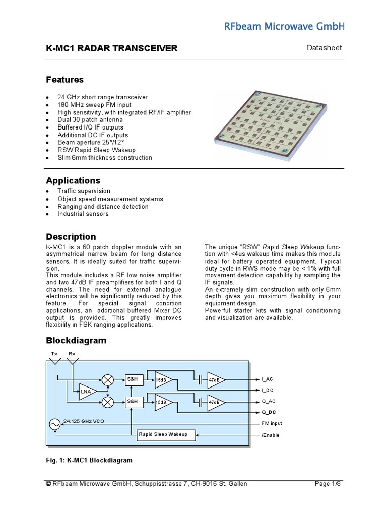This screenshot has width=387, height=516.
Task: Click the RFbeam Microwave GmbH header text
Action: click(295, 26)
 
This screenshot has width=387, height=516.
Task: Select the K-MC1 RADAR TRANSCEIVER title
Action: click(112, 48)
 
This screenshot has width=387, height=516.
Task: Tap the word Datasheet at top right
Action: click(325, 48)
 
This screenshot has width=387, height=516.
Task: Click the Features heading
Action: click(65, 80)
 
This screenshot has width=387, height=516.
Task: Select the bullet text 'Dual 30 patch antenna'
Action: click(90, 120)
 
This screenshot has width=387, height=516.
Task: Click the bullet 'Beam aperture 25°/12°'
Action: click(91, 143)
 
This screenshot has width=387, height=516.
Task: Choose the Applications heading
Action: click(73, 180)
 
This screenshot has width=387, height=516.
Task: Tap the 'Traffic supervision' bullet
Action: click(84, 191)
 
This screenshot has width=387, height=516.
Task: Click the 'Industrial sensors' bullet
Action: click(83, 214)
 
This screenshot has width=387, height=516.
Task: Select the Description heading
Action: click(71, 237)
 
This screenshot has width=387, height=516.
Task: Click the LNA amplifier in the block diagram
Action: click(86, 392)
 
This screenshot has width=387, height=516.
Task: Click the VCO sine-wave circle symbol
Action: click(54, 425)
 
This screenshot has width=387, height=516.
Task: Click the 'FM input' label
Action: click(272, 423)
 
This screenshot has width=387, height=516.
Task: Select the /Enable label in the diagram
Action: click(270, 435)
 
